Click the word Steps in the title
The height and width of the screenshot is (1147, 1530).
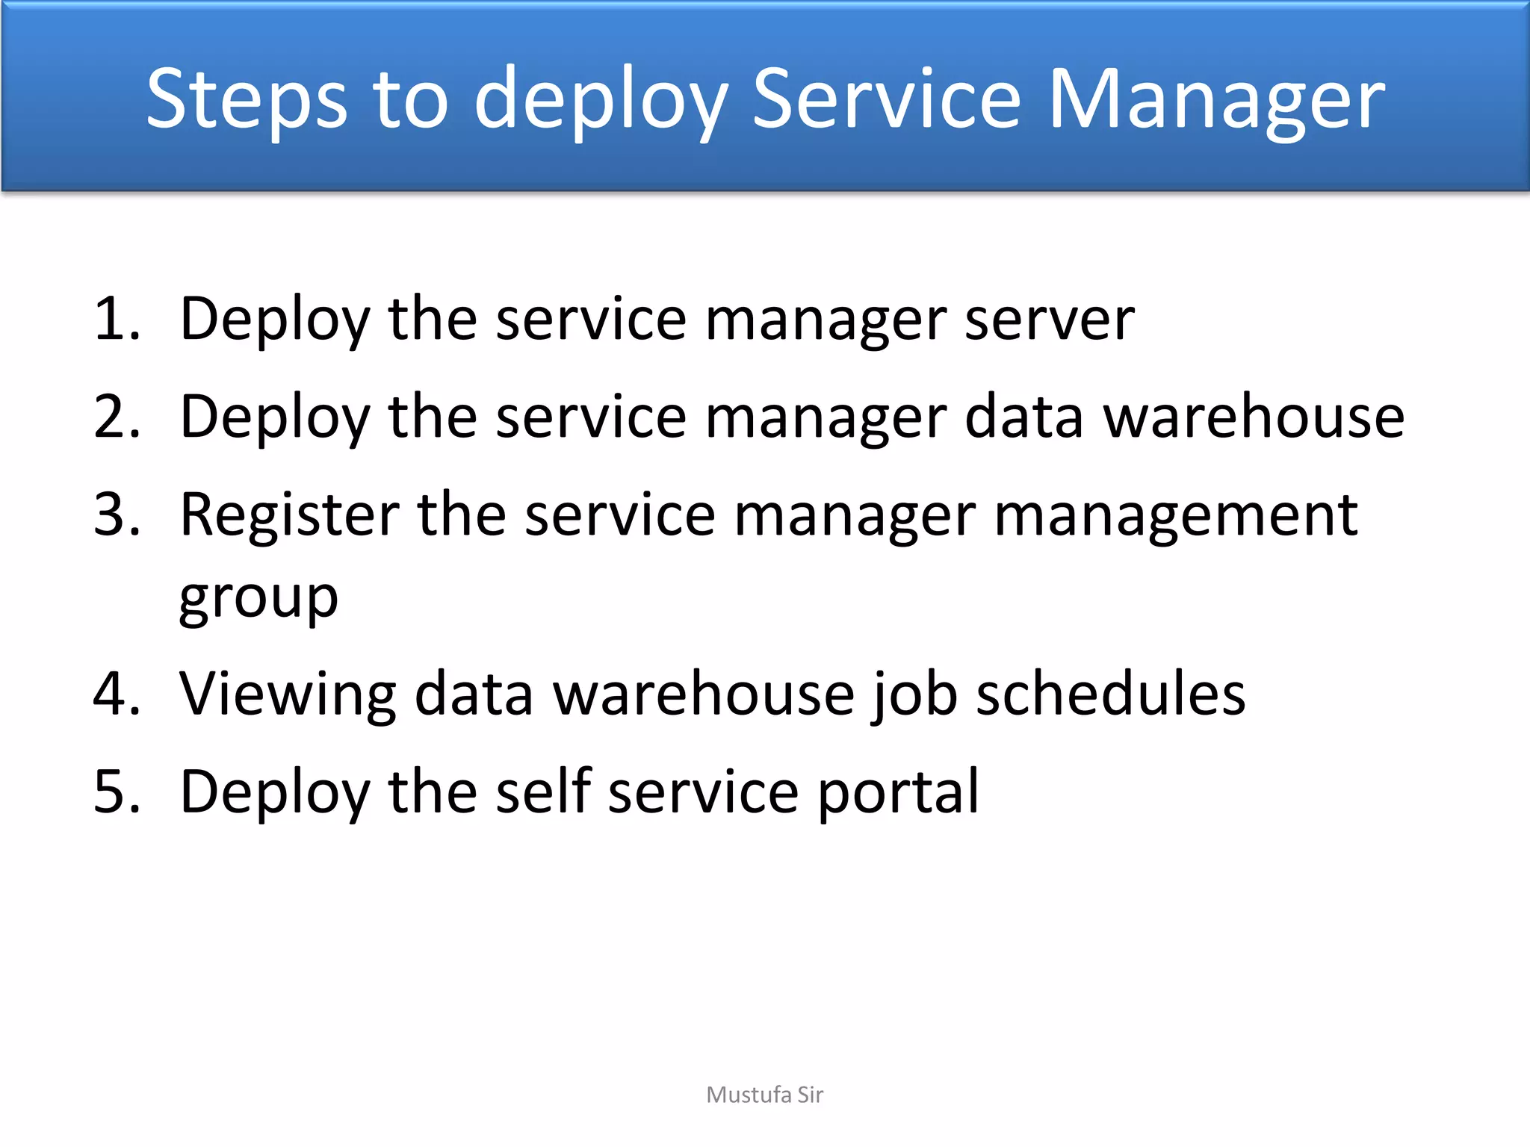click(x=247, y=99)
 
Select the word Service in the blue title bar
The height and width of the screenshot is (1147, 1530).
click(x=886, y=99)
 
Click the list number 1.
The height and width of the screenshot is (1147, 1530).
click(x=117, y=319)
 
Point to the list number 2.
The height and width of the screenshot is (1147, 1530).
click(x=117, y=417)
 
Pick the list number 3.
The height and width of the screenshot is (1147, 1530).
click(x=117, y=515)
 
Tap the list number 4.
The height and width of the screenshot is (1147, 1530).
click(x=117, y=694)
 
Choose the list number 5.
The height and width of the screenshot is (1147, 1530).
click(x=117, y=792)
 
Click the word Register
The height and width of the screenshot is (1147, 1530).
click(x=290, y=515)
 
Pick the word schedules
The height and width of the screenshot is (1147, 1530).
click(x=1111, y=694)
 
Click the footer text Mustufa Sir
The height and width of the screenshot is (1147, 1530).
click(x=764, y=1095)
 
